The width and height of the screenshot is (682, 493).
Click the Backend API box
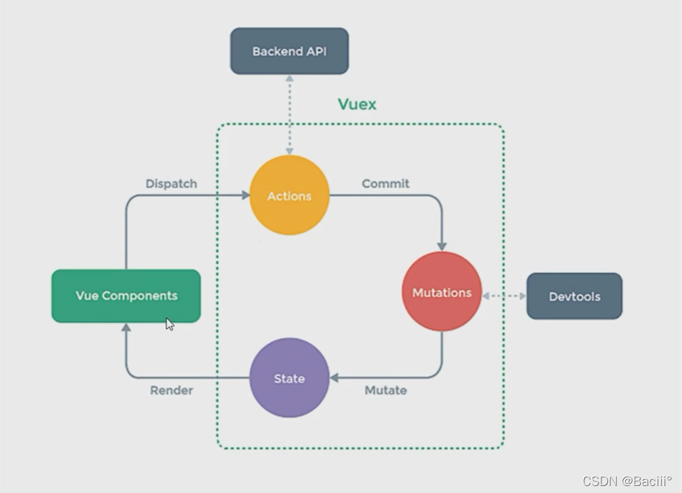point(289,51)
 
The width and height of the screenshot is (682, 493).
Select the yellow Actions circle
point(289,195)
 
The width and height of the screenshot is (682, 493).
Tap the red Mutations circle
point(442,292)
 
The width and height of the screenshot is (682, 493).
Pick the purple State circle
point(289,378)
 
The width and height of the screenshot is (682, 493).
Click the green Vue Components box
point(126,296)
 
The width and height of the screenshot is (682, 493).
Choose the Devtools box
point(574,296)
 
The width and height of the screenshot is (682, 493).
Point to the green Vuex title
point(357,104)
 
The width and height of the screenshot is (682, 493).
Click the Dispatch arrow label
point(172,183)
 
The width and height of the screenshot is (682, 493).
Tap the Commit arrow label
point(386,183)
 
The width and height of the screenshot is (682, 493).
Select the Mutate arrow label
point(386,390)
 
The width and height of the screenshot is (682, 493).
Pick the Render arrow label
point(172,390)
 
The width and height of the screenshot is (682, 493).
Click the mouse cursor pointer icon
point(169,324)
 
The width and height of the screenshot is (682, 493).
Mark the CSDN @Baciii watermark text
point(627,480)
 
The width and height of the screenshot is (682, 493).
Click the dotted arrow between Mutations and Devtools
point(504,296)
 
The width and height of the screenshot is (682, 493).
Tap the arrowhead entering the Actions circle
point(245,195)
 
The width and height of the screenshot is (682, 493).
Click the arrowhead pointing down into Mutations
point(442,245)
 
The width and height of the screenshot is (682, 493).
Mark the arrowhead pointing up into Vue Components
point(126,328)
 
